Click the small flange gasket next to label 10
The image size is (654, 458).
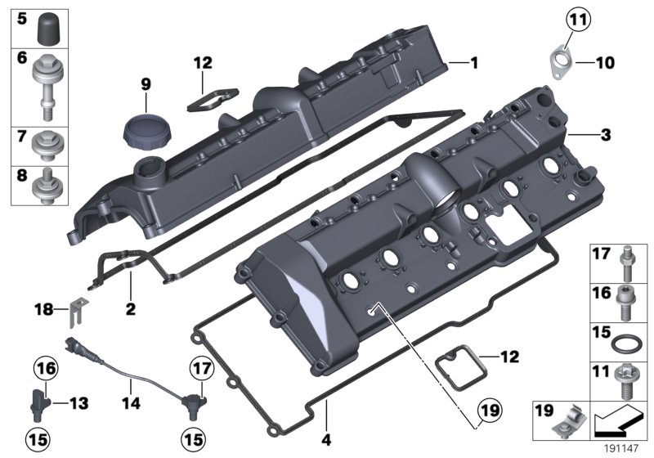(x=562, y=59)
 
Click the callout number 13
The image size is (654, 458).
(x=78, y=402)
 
